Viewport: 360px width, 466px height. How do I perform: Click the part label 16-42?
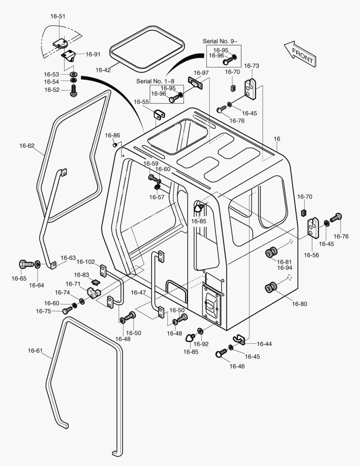click(103, 69)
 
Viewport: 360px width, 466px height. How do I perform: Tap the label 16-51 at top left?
click(58, 16)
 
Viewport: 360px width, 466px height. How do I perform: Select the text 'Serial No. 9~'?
click(220, 41)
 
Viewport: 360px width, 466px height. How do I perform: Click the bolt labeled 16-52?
click(74, 90)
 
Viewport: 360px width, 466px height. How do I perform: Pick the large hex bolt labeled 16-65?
click(25, 264)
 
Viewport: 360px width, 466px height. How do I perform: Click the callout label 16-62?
click(27, 146)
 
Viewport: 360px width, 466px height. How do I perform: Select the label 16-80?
click(300, 304)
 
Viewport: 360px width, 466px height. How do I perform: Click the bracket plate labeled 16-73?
click(250, 88)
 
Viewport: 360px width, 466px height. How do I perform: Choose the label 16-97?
click(201, 72)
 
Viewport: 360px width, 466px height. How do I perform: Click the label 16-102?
click(86, 261)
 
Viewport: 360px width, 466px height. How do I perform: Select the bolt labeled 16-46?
click(221, 354)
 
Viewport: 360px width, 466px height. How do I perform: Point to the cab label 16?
click(277, 139)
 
